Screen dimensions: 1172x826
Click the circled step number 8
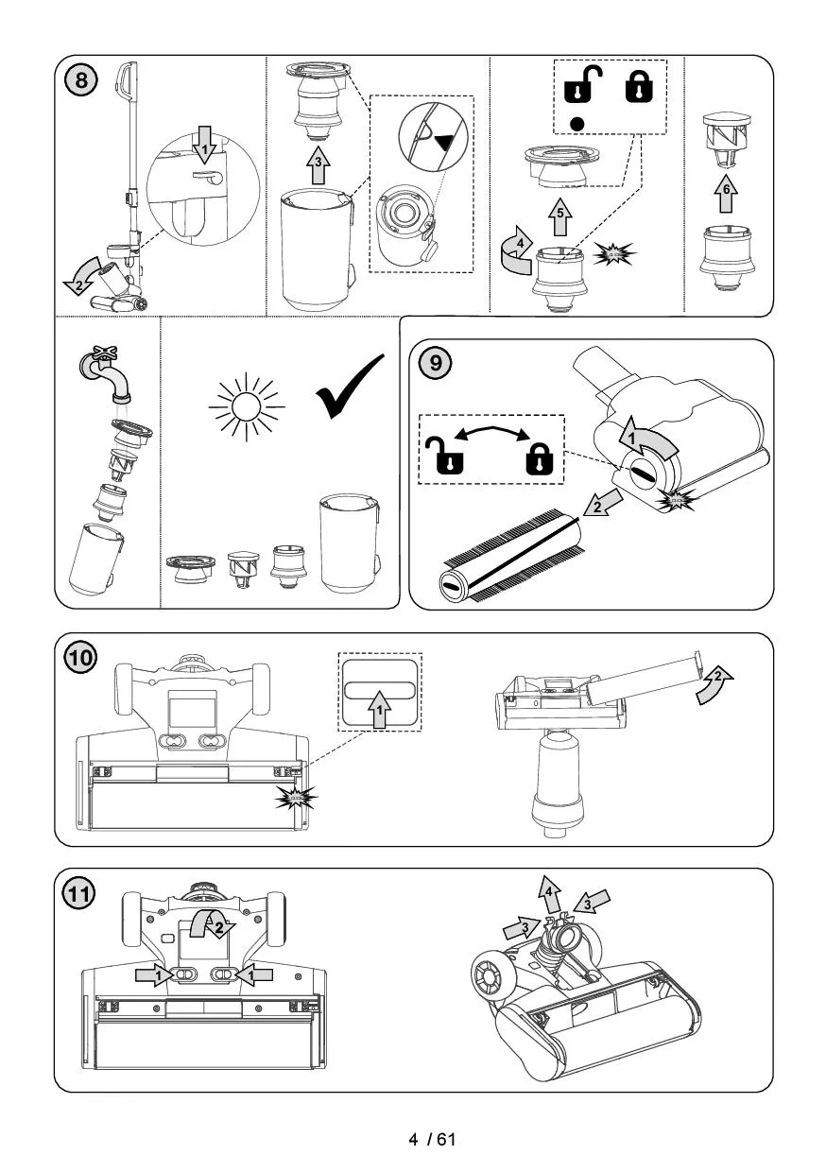tap(82, 80)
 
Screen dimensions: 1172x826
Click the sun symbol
tap(246, 407)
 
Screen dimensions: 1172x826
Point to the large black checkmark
tap(351, 388)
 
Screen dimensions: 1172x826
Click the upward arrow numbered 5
tap(559, 216)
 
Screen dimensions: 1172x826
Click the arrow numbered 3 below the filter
tap(318, 167)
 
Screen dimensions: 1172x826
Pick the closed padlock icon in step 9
tap(538, 458)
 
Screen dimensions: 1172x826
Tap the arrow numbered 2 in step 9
tap(595, 508)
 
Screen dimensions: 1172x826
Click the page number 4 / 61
tap(432, 1139)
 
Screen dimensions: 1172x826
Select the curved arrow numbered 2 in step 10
tap(716, 683)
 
